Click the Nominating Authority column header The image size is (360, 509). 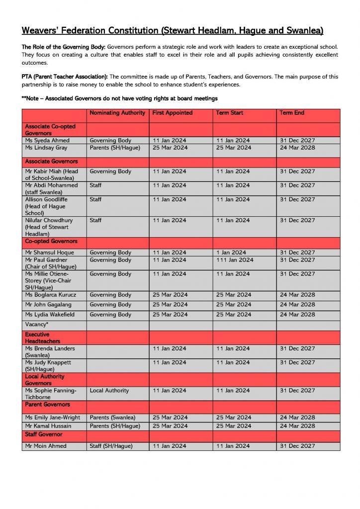117,113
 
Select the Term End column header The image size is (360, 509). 292,113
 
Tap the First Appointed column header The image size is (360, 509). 173,113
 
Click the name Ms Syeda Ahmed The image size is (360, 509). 47,141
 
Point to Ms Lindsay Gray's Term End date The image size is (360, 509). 297,148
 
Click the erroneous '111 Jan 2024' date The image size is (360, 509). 235,260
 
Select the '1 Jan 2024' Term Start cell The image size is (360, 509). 231,253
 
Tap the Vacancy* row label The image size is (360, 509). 37,325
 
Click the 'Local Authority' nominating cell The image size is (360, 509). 109,391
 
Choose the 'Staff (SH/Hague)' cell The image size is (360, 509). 111,446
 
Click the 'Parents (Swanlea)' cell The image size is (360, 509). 112,418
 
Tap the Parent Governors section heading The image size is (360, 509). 47,404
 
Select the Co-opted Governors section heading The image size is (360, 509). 51,241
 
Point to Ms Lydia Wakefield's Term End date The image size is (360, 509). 297,315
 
